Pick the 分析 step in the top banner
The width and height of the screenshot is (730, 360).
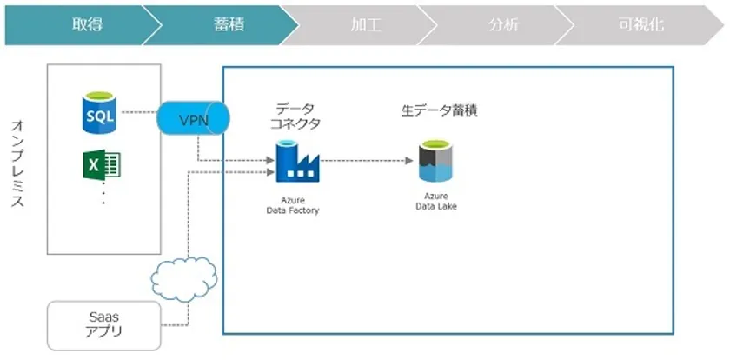[x=498, y=25]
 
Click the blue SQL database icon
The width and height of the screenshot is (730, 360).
[x=99, y=113]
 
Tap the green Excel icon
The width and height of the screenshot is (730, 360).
[x=102, y=164]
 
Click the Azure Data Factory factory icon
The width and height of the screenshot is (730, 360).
[x=297, y=161]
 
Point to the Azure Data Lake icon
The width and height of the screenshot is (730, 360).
[x=436, y=161]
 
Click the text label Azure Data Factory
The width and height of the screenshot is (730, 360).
[x=293, y=205]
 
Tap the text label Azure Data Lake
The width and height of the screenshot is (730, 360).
[x=436, y=201]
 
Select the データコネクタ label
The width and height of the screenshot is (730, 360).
[x=295, y=117]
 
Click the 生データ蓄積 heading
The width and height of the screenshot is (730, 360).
[x=439, y=110]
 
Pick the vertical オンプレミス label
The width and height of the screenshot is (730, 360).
[x=17, y=163]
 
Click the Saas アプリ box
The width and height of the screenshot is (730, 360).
[x=103, y=325]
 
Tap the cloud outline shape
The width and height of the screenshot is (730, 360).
[x=184, y=279]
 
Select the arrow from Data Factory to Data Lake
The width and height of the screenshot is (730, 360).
[x=367, y=161]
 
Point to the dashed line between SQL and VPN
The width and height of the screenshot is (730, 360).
[x=138, y=112]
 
